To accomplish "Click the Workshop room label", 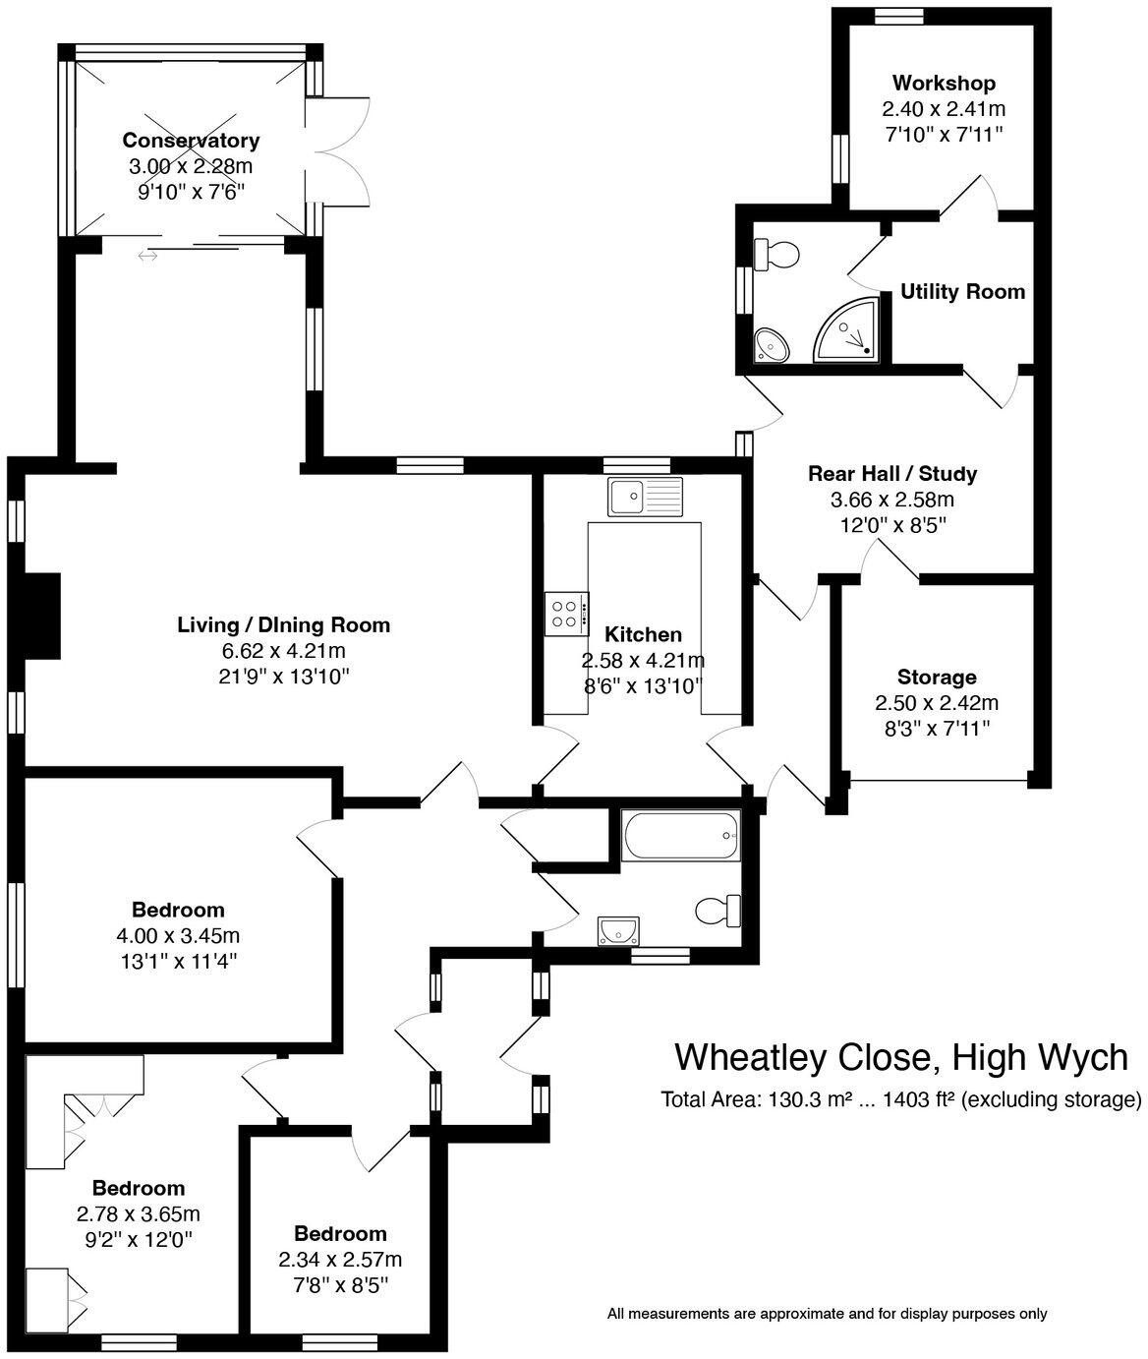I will tap(944, 84).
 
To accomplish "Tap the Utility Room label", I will tap(962, 292).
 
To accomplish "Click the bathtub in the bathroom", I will tap(680, 836).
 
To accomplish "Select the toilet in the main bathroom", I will tap(717, 911).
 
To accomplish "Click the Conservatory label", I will tap(191, 141).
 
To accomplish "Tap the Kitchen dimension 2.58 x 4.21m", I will tap(643, 660).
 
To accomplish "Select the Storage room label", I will tap(937, 678).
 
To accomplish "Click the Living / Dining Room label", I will tap(283, 624).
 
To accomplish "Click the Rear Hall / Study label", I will tap(892, 474).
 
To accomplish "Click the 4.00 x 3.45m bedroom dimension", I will tap(178, 935).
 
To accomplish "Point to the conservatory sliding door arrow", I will tap(147, 257).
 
